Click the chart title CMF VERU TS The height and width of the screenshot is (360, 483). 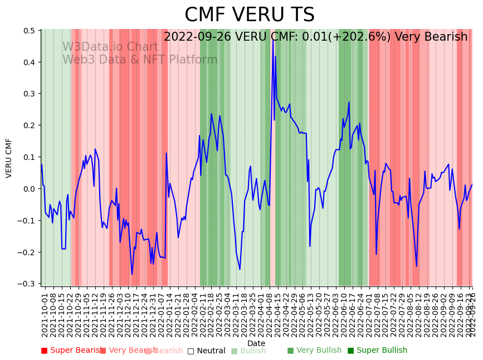[x=249, y=15]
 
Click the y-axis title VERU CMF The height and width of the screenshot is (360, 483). [x=9, y=158]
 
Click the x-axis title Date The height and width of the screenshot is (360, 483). [x=256, y=343]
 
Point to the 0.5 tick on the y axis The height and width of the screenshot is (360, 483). [x=29, y=31]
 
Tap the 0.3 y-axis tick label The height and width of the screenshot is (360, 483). [x=29, y=94]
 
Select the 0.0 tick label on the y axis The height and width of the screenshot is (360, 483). [x=29, y=189]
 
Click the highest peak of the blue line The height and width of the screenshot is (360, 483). [x=273, y=41]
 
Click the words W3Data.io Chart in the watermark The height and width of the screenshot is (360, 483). [x=110, y=47]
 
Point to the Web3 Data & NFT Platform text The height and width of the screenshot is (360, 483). [x=140, y=60]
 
